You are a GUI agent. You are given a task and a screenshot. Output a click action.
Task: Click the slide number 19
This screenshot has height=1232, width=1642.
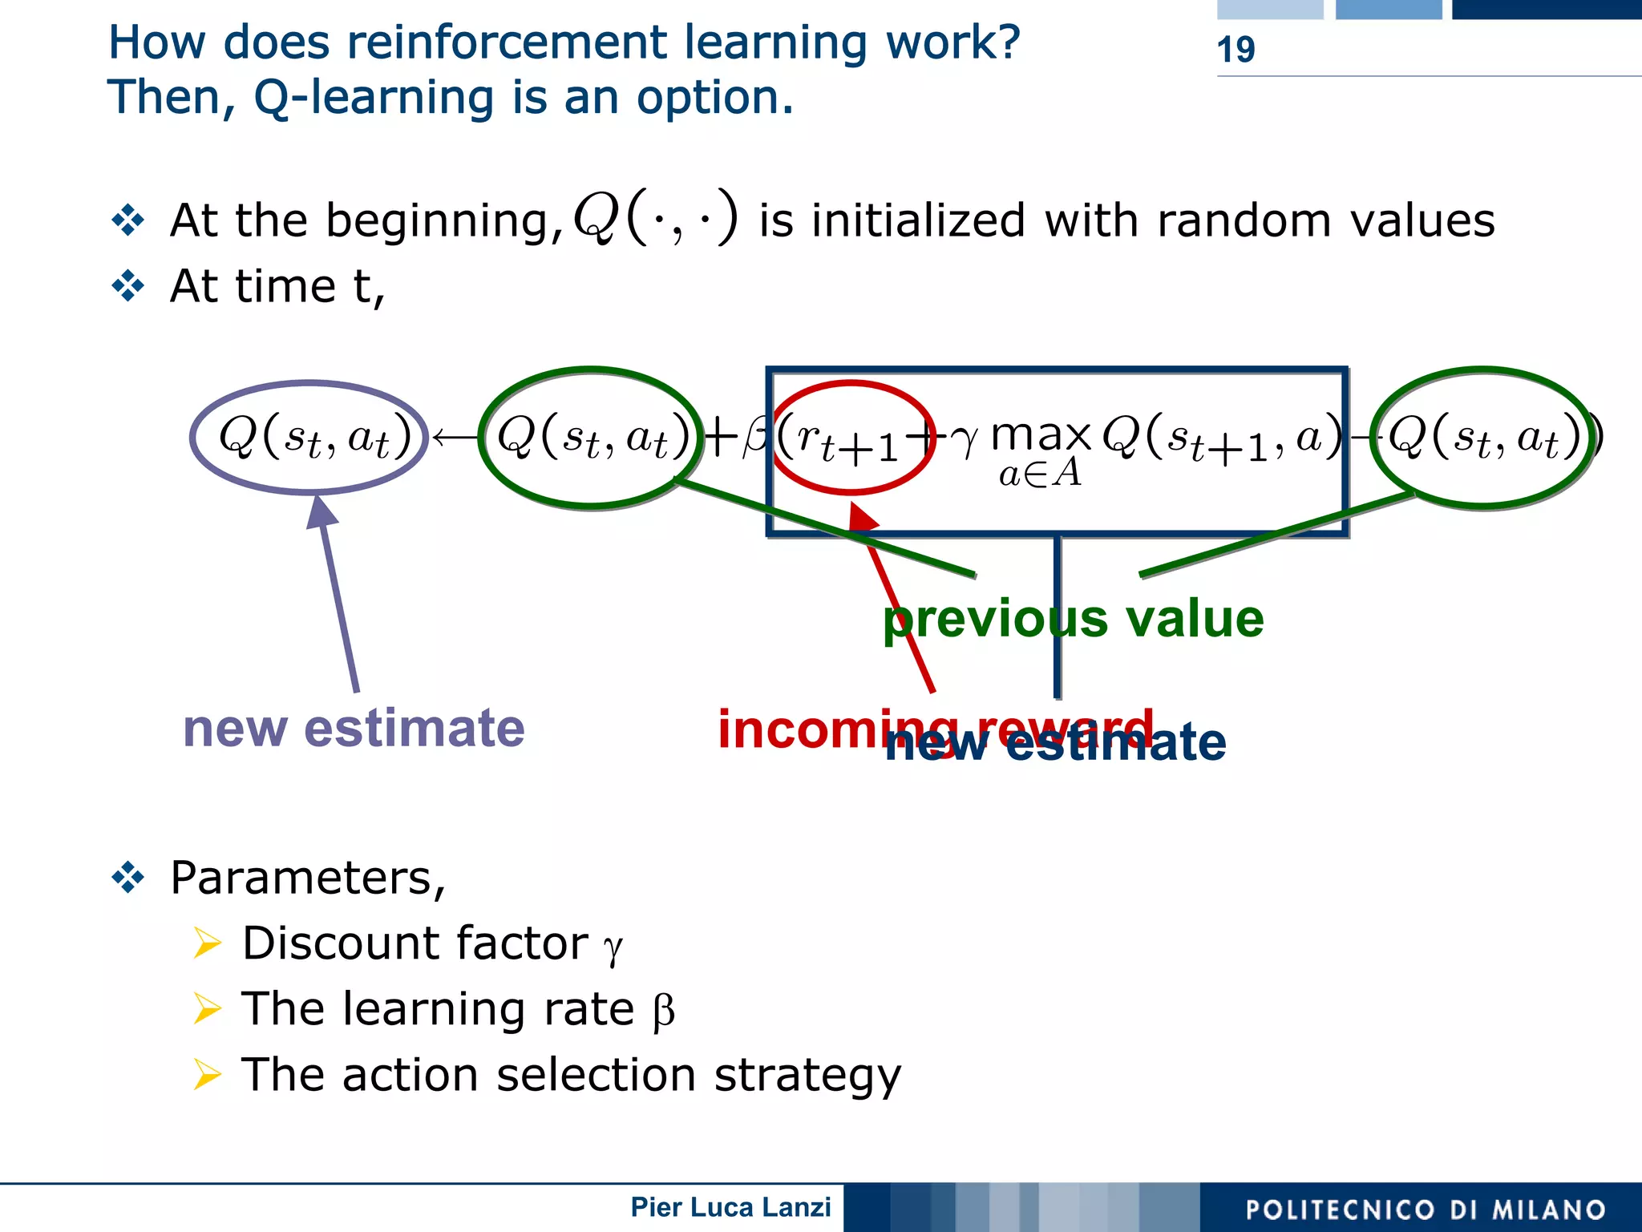[x=1236, y=50]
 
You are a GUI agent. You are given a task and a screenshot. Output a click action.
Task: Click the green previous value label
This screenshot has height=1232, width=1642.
[x=1073, y=619]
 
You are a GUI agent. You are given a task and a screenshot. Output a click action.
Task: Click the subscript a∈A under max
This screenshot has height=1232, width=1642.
[x=1040, y=474]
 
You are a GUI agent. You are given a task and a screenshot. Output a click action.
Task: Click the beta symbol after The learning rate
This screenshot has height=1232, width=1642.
[x=663, y=1012]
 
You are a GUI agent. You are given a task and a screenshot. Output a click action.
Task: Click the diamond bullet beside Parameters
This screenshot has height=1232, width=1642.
[x=128, y=878]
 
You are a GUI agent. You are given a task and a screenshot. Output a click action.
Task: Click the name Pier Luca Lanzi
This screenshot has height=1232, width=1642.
[x=730, y=1207]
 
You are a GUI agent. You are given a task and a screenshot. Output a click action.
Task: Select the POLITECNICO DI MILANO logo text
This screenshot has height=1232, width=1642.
[x=1425, y=1210]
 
